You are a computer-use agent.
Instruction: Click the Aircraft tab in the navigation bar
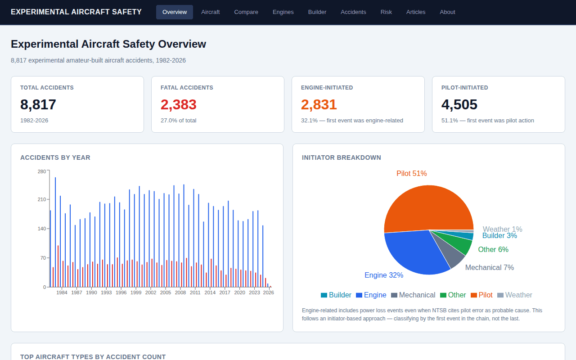coord(210,12)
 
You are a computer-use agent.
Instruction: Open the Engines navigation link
coord(283,12)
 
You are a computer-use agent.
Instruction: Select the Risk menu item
coord(386,12)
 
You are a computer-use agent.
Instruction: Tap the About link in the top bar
coord(447,12)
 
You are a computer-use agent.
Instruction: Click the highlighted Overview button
coord(175,12)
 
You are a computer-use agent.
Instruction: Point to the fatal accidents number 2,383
coord(179,104)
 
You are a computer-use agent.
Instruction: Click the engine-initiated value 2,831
coord(319,104)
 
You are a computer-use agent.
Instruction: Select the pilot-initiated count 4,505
coord(459,104)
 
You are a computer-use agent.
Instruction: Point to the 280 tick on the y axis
coord(41,171)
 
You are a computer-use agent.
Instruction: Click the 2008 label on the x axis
coord(180,292)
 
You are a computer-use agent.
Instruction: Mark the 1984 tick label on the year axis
coord(62,292)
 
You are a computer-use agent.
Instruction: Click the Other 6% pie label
coord(493,249)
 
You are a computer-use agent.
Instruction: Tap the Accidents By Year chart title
coord(55,157)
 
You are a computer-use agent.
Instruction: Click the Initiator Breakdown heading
coord(342,157)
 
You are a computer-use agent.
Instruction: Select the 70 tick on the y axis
coord(43,258)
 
